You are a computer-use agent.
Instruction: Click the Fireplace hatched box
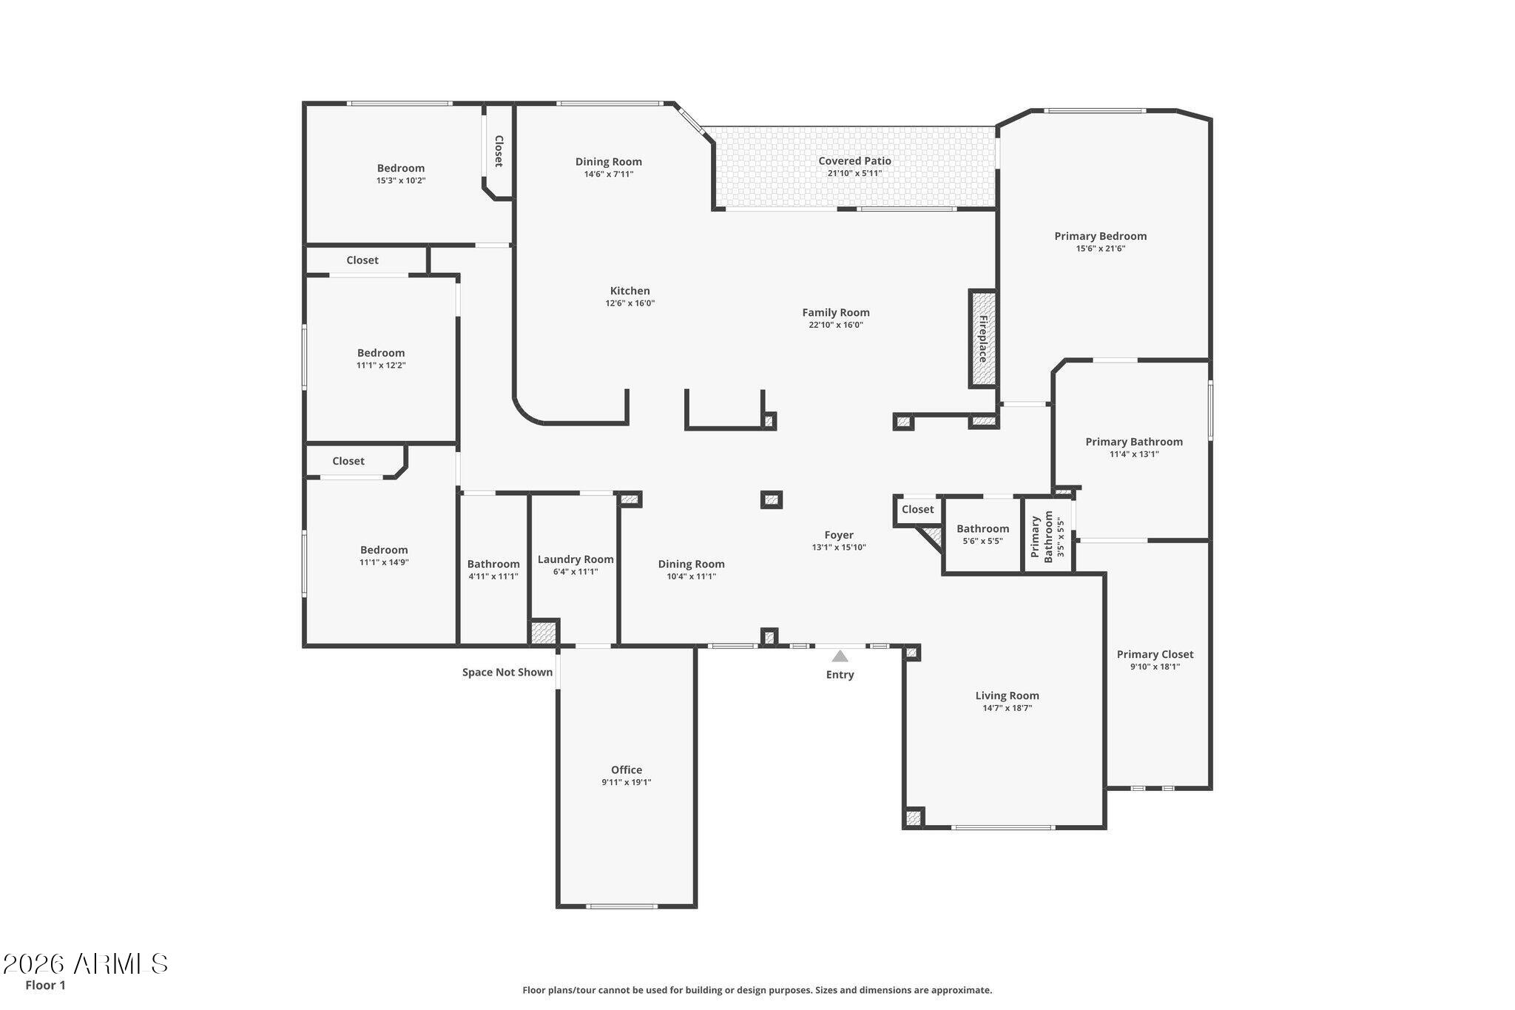[983, 339]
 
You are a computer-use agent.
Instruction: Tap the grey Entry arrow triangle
[840, 656]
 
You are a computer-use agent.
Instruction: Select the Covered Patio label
[854, 161]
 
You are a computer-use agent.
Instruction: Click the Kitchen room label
[630, 291]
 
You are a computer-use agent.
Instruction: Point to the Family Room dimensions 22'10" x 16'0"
[836, 325]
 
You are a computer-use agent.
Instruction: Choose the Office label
[627, 770]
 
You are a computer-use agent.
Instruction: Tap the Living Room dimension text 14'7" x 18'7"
[1008, 708]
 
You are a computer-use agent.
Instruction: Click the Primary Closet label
[1155, 654]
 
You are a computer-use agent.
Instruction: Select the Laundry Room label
[576, 559]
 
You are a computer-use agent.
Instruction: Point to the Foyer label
[839, 535]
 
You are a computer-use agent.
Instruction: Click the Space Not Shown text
[507, 673]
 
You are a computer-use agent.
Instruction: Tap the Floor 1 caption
[46, 985]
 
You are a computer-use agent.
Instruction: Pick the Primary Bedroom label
[1101, 236]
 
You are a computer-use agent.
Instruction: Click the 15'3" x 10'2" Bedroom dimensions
[401, 181]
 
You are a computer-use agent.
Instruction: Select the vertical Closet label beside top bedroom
[499, 151]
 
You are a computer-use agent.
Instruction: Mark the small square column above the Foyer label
[772, 499]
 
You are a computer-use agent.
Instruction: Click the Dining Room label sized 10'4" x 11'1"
[692, 564]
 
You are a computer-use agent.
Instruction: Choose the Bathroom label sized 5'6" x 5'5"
[983, 528]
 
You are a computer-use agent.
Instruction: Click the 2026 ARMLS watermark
[86, 963]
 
